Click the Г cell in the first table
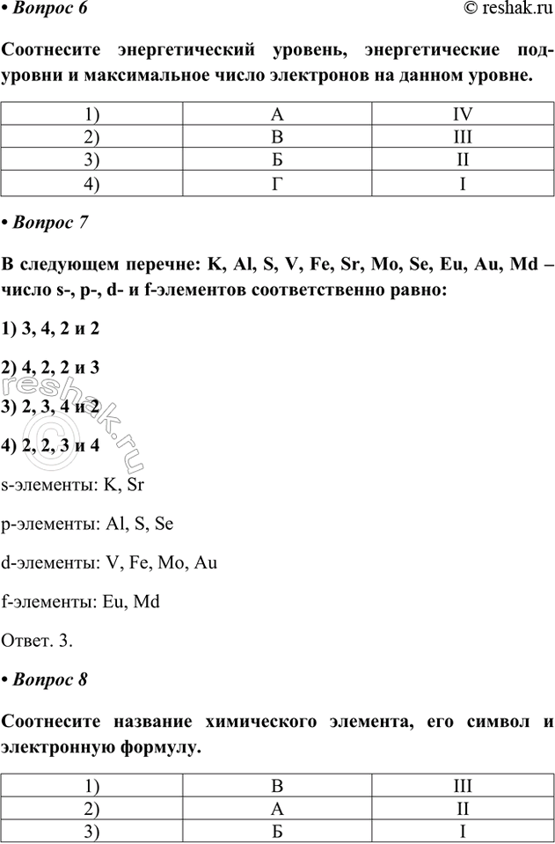pos(278,185)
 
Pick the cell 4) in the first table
pos(92,185)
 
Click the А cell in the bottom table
pos(278,807)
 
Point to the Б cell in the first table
pos(278,161)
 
